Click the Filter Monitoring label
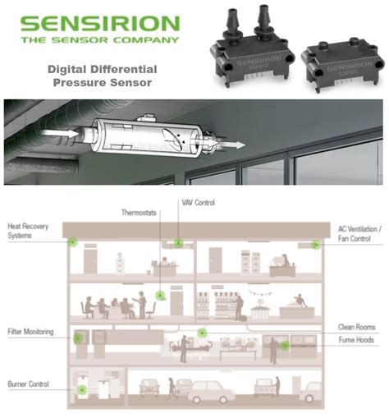30,332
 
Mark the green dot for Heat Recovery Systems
72,242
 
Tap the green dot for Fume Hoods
285,346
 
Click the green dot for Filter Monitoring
79,337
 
